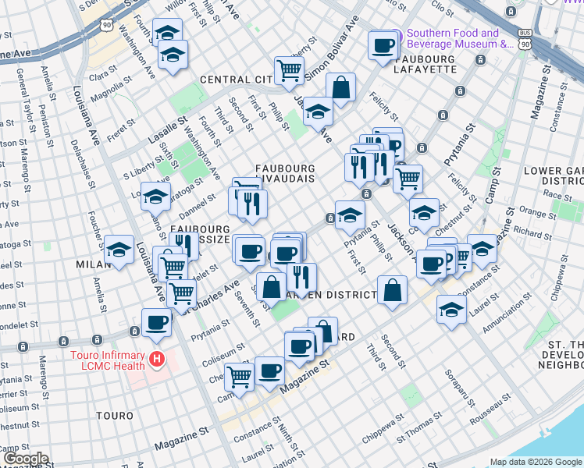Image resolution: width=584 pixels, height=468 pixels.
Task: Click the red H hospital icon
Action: pyautogui.click(x=158, y=360)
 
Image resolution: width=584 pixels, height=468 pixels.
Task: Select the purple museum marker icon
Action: pyautogui.click(x=396, y=36)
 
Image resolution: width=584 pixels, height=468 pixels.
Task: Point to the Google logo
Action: pyautogui.click(x=25, y=459)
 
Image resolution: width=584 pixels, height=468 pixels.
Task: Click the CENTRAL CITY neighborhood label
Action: pyautogui.click(x=235, y=80)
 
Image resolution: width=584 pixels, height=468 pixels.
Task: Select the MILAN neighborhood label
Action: pyautogui.click(x=93, y=264)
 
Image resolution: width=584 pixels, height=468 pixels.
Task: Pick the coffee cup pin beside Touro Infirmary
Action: pyautogui.click(x=155, y=322)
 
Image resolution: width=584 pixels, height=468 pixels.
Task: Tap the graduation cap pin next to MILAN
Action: pyautogui.click(x=119, y=250)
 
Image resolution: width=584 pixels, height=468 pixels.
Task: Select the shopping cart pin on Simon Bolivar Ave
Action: pyautogui.click(x=289, y=70)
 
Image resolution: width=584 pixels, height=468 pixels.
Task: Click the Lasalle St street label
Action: pyautogui.click(x=171, y=131)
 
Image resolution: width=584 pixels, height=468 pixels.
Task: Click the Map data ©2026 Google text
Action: pyautogui.click(x=536, y=462)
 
